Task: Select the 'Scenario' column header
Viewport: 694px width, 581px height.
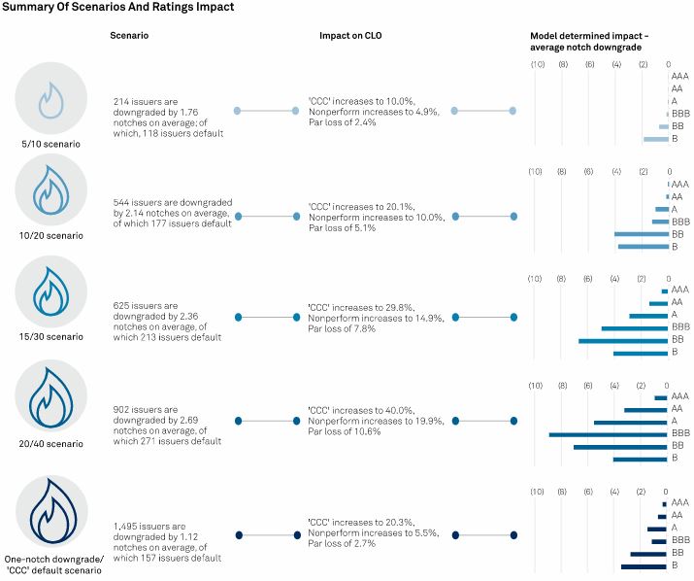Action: click(130, 36)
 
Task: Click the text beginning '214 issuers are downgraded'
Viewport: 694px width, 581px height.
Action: click(169, 117)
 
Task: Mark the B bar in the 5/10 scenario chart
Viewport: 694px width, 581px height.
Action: click(655, 139)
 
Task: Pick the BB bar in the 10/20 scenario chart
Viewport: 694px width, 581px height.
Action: click(641, 234)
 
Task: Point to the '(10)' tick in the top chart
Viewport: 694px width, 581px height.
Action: click(537, 65)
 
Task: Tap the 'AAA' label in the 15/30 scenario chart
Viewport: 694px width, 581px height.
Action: click(679, 290)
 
